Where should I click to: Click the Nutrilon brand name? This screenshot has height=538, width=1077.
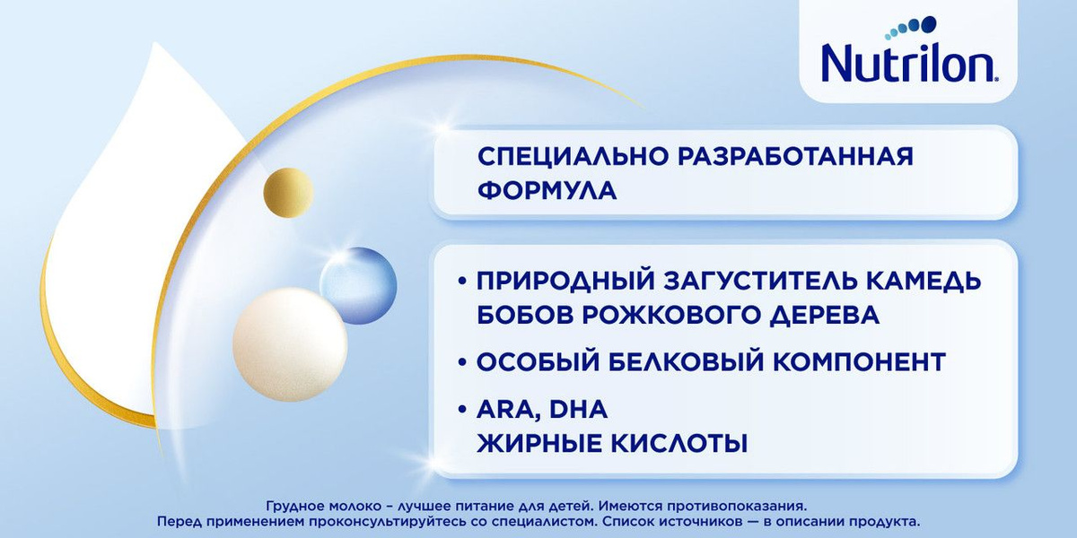[x=907, y=64]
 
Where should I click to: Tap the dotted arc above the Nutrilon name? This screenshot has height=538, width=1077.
[x=910, y=27]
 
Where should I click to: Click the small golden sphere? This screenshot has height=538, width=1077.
[x=288, y=193]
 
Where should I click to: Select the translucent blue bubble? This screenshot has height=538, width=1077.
[x=358, y=285]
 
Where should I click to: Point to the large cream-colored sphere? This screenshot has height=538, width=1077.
[x=290, y=344]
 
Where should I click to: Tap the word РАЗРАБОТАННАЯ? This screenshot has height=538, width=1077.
[x=796, y=157]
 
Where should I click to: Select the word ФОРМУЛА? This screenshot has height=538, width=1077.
[x=547, y=191]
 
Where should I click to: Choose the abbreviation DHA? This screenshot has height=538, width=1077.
[x=578, y=409]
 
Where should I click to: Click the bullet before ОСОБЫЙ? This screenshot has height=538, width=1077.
[x=462, y=362]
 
